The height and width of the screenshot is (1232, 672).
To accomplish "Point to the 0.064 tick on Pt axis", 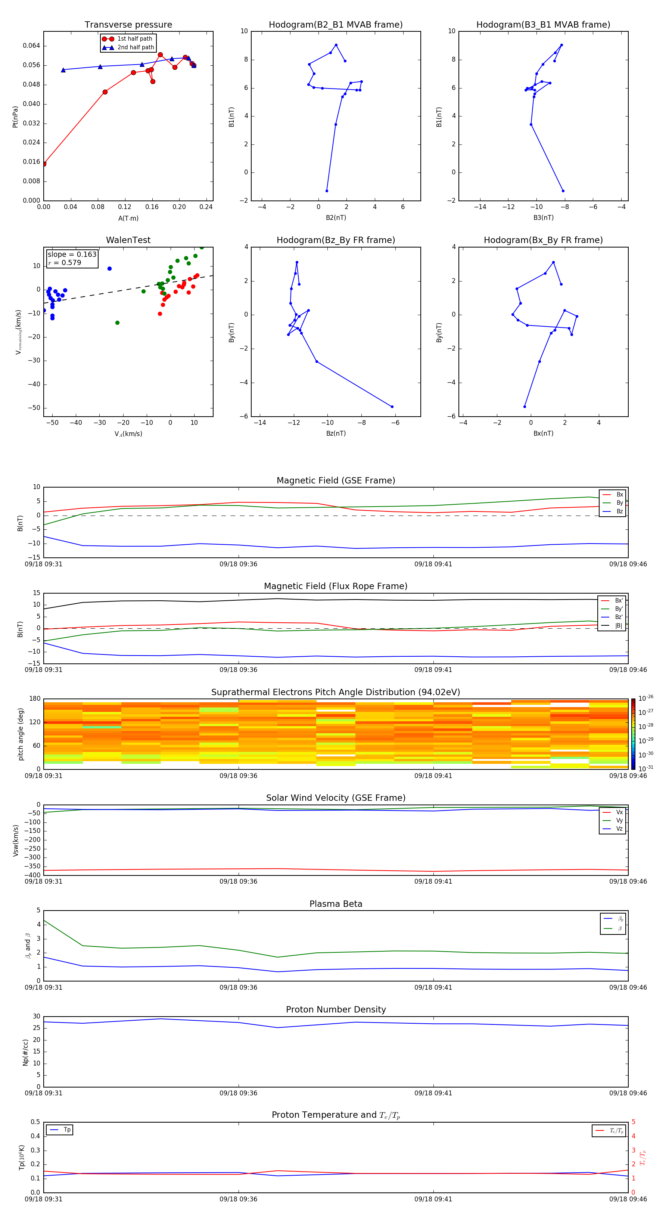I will pyautogui.click(x=32, y=46).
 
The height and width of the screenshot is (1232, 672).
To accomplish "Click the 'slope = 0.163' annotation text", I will pyautogui.click(x=72, y=255).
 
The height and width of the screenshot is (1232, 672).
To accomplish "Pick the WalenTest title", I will pyautogui.click(x=128, y=240).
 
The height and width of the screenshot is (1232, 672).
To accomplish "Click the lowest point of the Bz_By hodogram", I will pyautogui.click(x=392, y=407).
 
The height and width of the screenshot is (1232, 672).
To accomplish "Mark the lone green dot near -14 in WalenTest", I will pyautogui.click(x=117, y=323).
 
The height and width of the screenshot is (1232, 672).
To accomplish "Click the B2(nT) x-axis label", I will pyautogui.click(x=336, y=218).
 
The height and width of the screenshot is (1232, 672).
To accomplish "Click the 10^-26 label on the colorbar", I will pyautogui.click(x=646, y=698).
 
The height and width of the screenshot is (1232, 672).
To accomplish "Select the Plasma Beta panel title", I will pyautogui.click(x=336, y=904).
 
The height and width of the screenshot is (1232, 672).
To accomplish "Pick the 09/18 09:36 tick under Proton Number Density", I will pyautogui.click(x=238, y=1093).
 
